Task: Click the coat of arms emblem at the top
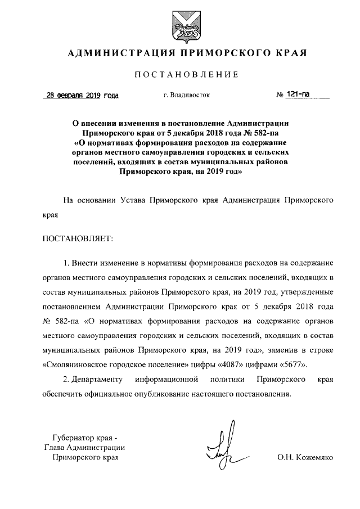[180, 26]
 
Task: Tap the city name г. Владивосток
[186, 95]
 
